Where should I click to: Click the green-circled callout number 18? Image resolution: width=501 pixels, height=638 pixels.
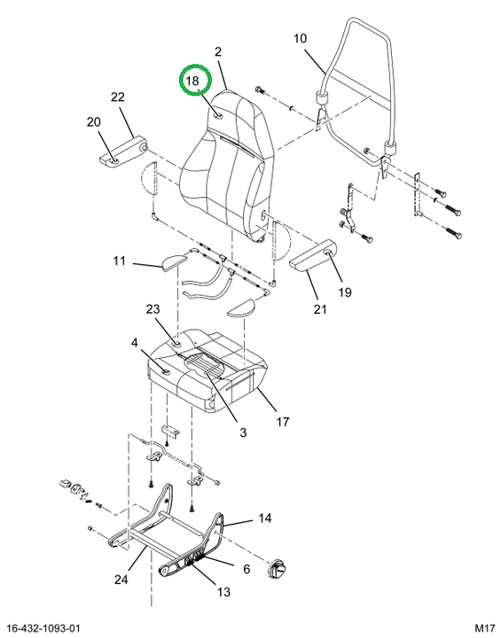pyautogui.click(x=192, y=80)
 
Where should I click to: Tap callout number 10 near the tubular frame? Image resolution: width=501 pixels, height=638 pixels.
pyautogui.click(x=300, y=39)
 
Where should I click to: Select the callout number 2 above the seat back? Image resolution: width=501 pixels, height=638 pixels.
pyautogui.click(x=218, y=51)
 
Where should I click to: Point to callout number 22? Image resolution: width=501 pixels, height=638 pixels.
pyautogui.click(x=117, y=97)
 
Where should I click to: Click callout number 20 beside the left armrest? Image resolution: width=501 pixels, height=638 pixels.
pyautogui.click(x=94, y=121)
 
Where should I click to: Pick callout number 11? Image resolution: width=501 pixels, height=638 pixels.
pyautogui.click(x=119, y=261)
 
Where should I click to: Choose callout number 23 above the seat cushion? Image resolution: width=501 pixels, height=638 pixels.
pyautogui.click(x=153, y=309)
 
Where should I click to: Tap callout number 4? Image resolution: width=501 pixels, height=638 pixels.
pyautogui.click(x=135, y=343)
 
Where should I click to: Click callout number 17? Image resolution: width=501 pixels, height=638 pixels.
pyautogui.click(x=283, y=422)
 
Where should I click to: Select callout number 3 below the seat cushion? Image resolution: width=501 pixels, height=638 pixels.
pyautogui.click(x=243, y=432)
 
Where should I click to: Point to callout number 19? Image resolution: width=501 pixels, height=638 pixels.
pyautogui.click(x=345, y=292)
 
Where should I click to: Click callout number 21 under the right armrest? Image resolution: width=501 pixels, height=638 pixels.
pyautogui.click(x=320, y=309)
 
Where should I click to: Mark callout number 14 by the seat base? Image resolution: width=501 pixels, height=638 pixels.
pyautogui.click(x=264, y=518)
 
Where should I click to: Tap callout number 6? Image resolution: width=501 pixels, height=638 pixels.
pyautogui.click(x=247, y=568)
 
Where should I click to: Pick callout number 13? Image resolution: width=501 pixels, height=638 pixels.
pyautogui.click(x=223, y=591)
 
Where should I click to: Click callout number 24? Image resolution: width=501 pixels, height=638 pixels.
pyautogui.click(x=121, y=579)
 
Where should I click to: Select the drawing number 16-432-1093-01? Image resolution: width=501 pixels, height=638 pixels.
pyautogui.click(x=43, y=628)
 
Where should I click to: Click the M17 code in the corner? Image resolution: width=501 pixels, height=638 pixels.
pyautogui.click(x=485, y=628)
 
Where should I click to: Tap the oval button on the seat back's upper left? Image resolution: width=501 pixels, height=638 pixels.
pyautogui.click(x=218, y=115)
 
